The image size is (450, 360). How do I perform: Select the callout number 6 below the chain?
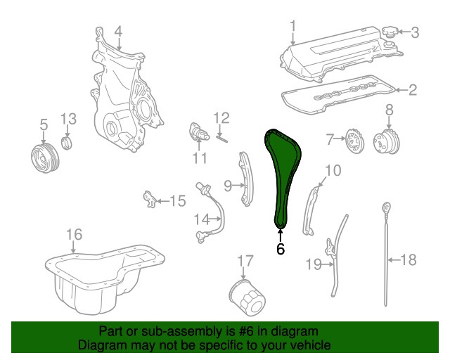point(281,249)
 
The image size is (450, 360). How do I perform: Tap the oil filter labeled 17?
point(247,298)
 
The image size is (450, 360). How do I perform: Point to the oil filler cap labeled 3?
point(390,32)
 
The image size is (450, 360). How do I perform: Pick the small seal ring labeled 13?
point(67,143)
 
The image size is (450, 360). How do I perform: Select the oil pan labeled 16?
point(105,279)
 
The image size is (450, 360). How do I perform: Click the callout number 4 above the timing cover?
point(118,32)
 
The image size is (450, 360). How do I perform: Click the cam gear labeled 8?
point(387,141)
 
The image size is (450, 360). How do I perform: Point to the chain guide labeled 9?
point(245,179)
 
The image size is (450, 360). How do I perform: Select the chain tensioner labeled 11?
point(198,133)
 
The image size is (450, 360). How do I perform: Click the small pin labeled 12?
point(221,139)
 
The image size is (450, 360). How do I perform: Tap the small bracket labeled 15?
point(150,199)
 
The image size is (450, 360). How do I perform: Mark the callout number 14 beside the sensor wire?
point(202,219)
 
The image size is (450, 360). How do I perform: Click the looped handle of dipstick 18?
point(387,207)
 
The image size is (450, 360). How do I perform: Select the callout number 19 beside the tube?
point(314,264)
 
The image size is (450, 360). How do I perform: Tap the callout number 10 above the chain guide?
point(333,170)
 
